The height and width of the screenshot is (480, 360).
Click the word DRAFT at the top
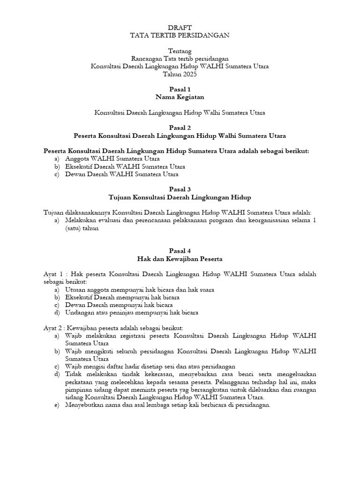[180, 28]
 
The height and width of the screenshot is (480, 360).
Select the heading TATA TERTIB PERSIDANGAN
[180, 35]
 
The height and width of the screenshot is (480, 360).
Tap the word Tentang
[180, 51]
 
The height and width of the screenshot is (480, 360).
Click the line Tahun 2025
[180, 74]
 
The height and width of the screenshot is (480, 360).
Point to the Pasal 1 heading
[180, 89]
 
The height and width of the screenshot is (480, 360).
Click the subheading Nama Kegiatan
[180, 97]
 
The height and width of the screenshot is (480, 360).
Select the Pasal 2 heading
[180, 127]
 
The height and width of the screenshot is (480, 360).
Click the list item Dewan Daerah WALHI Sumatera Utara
[122, 174]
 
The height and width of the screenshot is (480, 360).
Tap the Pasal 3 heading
[180, 189]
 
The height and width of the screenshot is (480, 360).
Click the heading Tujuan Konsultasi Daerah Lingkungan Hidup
[180, 197]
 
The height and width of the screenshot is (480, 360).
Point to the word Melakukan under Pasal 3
[82, 220]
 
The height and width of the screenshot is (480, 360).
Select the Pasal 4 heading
[180, 251]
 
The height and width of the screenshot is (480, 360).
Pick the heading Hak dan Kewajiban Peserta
[180, 258]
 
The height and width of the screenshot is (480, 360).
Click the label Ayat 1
[52, 274]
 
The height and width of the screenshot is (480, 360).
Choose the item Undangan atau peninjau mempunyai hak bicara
[132, 312]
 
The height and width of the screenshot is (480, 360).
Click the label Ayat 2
[52, 328]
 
